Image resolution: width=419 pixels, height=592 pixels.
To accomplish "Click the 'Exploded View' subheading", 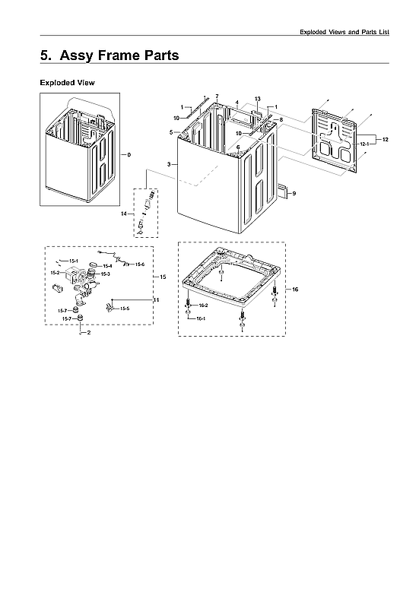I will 67,82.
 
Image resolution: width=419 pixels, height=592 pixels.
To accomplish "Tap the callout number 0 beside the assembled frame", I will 129,154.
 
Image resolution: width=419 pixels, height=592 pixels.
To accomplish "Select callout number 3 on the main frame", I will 168,164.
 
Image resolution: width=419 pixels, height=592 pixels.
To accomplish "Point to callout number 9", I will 294,194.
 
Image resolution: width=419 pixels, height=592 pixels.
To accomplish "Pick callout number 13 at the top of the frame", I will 257,100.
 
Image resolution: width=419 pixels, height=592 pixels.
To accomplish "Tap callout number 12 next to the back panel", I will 385,140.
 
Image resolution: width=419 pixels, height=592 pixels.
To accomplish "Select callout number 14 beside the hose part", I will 123,214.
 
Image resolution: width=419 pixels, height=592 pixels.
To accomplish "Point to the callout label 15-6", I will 140,264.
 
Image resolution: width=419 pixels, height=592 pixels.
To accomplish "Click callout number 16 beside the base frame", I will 295,290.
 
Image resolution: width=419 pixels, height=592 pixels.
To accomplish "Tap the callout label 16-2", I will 203,305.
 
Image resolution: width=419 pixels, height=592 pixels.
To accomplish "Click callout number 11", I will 156,301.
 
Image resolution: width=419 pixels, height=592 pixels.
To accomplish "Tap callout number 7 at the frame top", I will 217,97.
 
